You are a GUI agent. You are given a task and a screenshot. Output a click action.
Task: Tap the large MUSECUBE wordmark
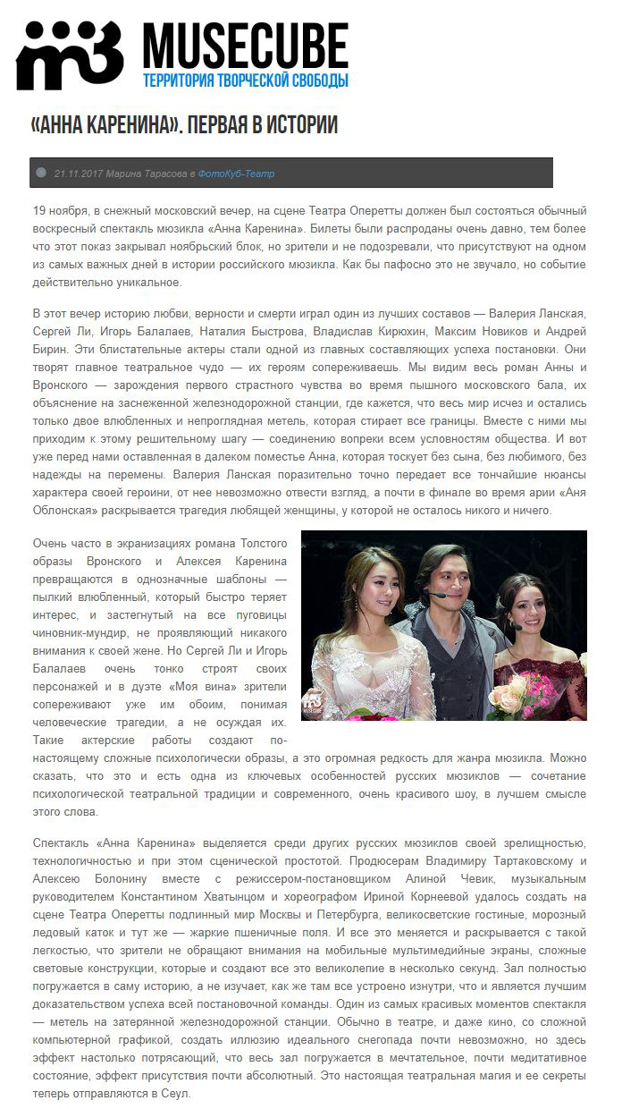[246, 45]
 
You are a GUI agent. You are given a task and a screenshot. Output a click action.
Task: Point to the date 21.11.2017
[78, 174]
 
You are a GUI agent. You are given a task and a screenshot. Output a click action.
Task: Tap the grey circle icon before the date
[41, 173]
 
